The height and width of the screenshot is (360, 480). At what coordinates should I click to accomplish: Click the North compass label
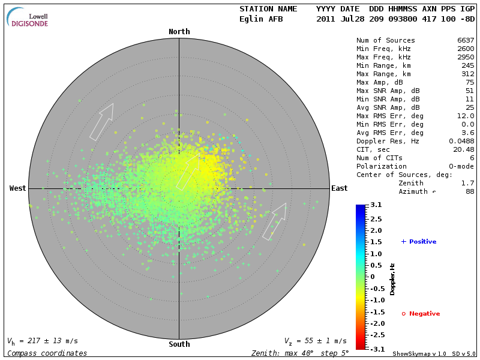[x=179, y=32]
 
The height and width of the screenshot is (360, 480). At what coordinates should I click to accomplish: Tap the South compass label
[x=179, y=344]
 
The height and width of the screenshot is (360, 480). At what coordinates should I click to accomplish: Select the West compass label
[x=18, y=188]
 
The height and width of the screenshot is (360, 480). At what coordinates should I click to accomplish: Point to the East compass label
[x=340, y=188]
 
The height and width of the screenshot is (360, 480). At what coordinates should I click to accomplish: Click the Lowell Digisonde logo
[x=28, y=17]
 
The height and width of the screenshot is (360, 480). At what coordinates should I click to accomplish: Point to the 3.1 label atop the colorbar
[x=376, y=205]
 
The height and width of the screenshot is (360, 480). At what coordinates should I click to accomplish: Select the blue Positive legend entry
[x=419, y=242]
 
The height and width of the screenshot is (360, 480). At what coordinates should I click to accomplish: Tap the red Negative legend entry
[x=421, y=314]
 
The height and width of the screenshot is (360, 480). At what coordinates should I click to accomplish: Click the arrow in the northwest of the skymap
[x=101, y=122]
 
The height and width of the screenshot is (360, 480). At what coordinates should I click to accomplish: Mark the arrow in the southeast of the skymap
[x=275, y=221]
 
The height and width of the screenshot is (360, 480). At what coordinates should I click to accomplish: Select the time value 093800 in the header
[x=404, y=19]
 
